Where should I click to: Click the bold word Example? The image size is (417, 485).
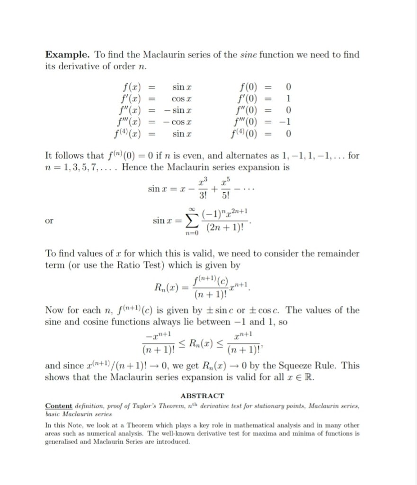point(65,54)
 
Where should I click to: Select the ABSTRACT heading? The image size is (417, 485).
point(202,395)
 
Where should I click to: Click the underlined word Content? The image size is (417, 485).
point(59,406)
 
